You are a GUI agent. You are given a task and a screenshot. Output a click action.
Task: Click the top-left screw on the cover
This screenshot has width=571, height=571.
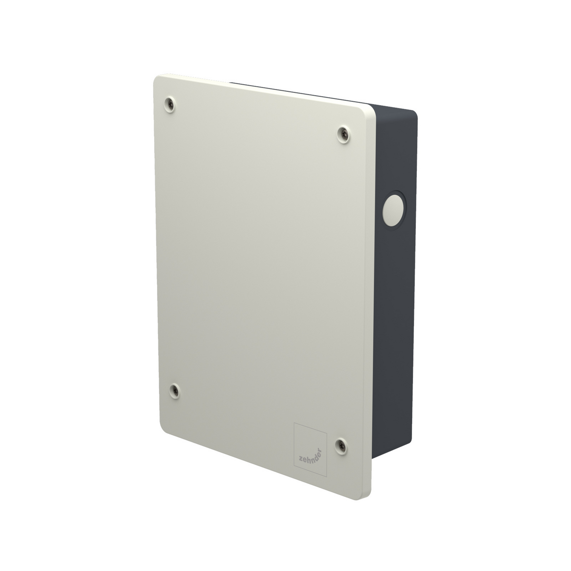(x=169, y=104)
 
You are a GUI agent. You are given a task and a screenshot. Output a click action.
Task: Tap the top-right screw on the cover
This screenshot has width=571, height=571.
(x=343, y=134)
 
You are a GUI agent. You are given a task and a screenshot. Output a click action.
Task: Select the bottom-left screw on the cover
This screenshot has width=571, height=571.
(x=175, y=391)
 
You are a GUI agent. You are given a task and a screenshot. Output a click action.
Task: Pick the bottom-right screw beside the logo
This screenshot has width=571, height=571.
(x=341, y=445)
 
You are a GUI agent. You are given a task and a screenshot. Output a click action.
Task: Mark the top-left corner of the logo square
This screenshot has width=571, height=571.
(x=294, y=423)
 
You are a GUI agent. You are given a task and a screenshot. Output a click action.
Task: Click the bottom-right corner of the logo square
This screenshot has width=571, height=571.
(x=326, y=476)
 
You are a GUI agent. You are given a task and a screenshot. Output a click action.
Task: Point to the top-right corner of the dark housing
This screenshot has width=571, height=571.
(x=414, y=113)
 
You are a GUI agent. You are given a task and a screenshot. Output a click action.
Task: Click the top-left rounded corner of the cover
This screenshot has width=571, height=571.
(x=157, y=79)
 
